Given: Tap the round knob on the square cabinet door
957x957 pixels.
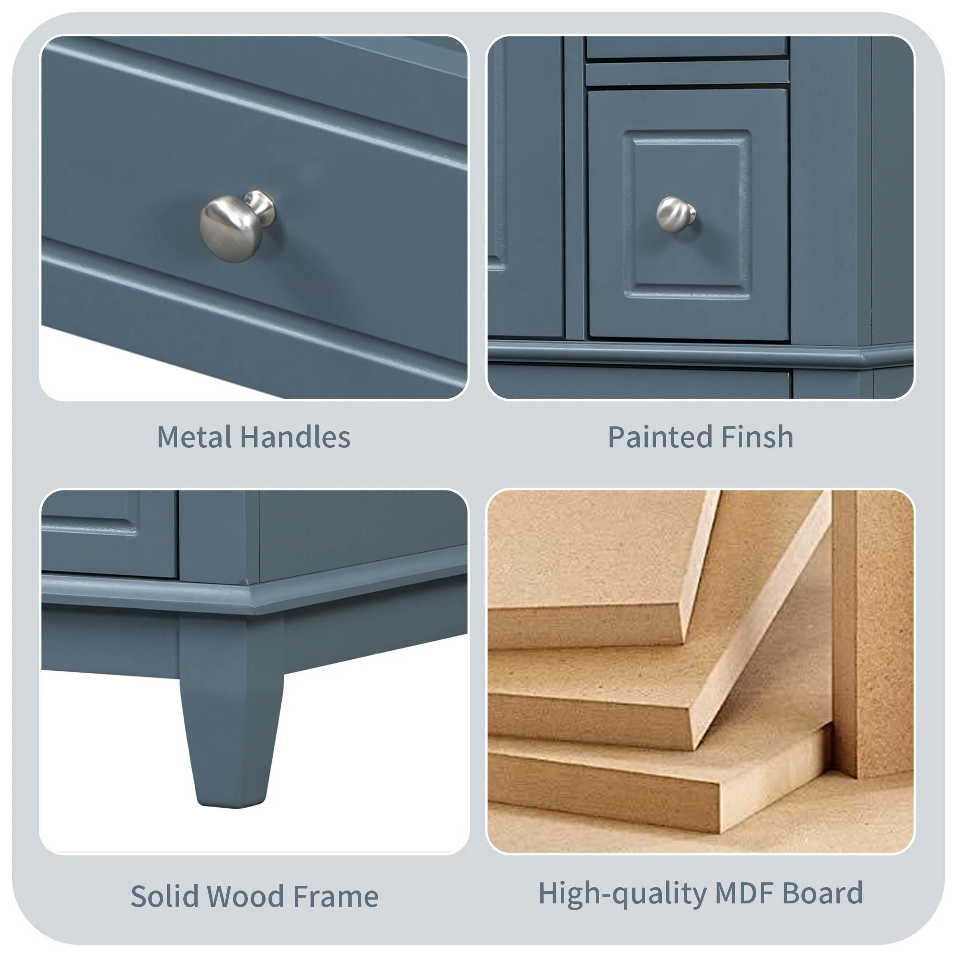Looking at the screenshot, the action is (676, 214).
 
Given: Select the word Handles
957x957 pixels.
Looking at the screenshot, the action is (296, 437).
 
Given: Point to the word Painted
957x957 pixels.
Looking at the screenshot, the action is (660, 437).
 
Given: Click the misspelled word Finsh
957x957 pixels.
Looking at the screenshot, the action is (757, 437).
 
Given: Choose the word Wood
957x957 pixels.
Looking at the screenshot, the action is (245, 897).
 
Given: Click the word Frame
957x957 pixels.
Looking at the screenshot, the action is (335, 897).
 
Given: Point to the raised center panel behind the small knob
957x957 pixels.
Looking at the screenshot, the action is (687, 214).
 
